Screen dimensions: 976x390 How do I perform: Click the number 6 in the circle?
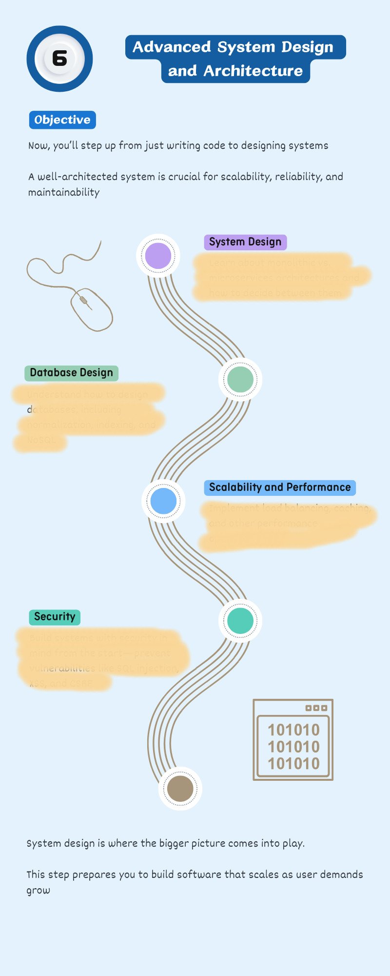click(x=59, y=59)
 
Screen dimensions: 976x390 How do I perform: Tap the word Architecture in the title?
click(x=253, y=71)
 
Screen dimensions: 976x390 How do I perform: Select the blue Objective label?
click(x=62, y=120)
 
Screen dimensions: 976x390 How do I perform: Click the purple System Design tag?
click(x=245, y=242)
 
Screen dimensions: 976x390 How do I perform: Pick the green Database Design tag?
click(x=71, y=373)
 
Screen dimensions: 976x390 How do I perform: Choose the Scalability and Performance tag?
click(x=280, y=488)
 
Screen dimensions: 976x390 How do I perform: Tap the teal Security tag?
click(x=55, y=617)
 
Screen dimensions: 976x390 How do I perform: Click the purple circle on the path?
click(x=158, y=256)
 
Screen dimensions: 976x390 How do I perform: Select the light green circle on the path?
click(x=240, y=379)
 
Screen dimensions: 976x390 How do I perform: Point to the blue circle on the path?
click(x=163, y=501)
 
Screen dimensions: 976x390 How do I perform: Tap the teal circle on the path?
click(x=240, y=621)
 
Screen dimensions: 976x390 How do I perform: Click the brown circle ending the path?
click(x=180, y=788)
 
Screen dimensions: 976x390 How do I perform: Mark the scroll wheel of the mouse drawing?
click(x=84, y=300)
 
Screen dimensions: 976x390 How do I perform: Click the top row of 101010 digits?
click(x=293, y=730)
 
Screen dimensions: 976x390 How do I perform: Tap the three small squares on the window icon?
click(x=316, y=708)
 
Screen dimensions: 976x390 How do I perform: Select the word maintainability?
click(x=64, y=192)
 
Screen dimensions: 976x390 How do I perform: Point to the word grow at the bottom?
click(x=38, y=890)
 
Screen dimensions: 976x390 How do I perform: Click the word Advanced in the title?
click(x=172, y=47)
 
